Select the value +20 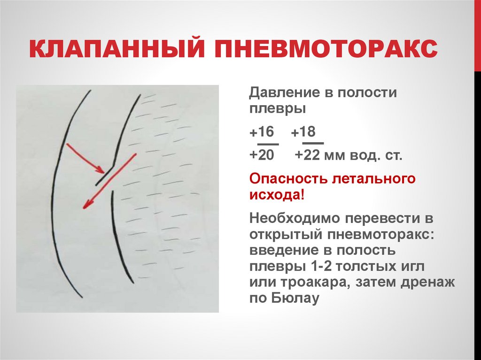click(261, 155)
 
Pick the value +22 click(306, 155)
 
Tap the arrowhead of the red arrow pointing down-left click(85, 205)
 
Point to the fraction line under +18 click(312, 143)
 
